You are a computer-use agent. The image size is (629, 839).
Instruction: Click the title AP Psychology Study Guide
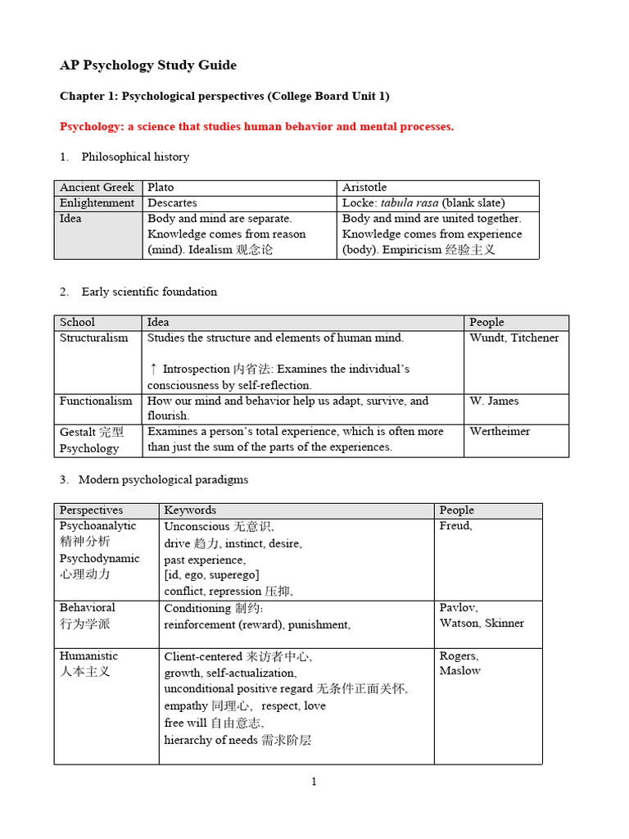[148, 66]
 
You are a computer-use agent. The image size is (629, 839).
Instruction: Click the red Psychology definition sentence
[256, 126]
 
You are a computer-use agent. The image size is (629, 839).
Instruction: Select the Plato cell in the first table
[161, 188]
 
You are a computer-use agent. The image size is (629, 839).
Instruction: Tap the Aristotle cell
[364, 188]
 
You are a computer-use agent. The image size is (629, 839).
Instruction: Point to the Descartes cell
[172, 202]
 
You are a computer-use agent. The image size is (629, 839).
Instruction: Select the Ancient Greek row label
[97, 188]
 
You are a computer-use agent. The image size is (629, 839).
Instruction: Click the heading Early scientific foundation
[149, 292]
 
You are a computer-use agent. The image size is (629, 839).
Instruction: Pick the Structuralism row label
[93, 338]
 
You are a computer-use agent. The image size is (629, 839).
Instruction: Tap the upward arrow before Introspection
[153, 369]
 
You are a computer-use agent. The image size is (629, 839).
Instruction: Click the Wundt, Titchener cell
[514, 338]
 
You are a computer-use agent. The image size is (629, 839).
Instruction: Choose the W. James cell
[494, 401]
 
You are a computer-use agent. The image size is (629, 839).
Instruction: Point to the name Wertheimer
[500, 431]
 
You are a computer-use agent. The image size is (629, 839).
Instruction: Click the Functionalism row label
[96, 401]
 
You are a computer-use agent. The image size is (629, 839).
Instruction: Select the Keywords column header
[190, 510]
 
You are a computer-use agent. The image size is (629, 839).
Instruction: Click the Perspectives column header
[91, 510]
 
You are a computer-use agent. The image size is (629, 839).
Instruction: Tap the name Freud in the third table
[455, 525]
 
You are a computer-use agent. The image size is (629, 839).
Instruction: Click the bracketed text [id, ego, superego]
[211, 575]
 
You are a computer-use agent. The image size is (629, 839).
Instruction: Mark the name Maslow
[459, 670]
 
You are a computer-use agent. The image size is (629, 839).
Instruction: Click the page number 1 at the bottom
[314, 782]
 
